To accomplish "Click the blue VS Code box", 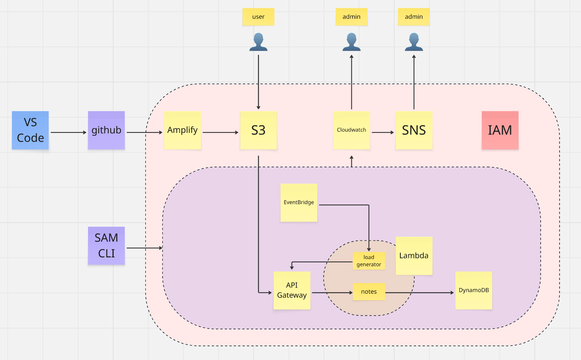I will tap(30, 130).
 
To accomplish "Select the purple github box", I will tap(106, 130).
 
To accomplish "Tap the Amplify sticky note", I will tap(183, 130).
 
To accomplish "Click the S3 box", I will tap(258, 130).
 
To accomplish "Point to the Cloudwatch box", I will tap(351, 130).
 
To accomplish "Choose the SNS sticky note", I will tap(414, 130).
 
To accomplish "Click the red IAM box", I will tap(500, 130).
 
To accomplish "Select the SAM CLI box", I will tap(106, 245).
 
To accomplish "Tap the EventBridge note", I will tap(299, 203).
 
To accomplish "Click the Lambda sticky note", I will tap(414, 255).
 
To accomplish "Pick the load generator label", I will tap(369, 261).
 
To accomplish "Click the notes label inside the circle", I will tap(369, 292).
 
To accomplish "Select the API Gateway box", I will tap(292, 290).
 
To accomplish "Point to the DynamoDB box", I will tap(473, 290).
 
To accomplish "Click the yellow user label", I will tap(258, 17).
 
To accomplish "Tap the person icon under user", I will tap(258, 42).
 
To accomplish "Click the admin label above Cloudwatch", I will tap(351, 17).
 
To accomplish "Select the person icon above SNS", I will tap(414, 42).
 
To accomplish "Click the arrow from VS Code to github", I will tap(68, 133).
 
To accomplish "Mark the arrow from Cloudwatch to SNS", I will tap(382, 133).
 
